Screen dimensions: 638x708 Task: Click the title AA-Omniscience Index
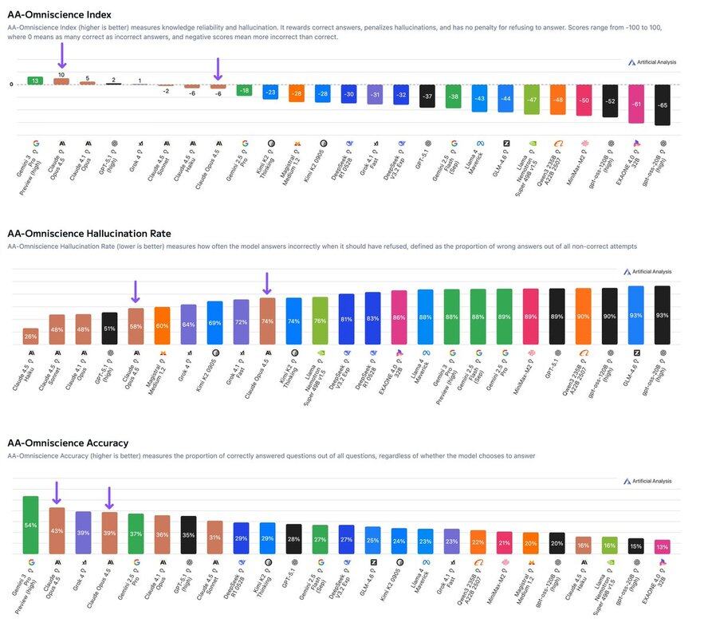pos(59,14)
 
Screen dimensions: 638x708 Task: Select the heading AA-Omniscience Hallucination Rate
pos(88,234)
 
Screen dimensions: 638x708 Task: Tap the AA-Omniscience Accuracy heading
pos(68,443)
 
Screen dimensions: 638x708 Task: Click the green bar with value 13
pos(35,81)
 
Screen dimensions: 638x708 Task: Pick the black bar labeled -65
pos(662,104)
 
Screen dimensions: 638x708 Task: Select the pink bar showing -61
pos(635,104)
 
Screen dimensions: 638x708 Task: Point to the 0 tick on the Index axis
pos(11,85)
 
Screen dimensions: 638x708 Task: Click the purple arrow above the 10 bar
pos(61,56)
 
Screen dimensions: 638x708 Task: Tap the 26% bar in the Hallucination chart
pos(30,336)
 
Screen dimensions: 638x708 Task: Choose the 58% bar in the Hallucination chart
pos(136,326)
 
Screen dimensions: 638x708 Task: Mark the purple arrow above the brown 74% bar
pos(267,283)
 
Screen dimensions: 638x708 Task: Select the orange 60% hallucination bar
pos(162,325)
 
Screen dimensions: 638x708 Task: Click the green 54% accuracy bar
pos(30,525)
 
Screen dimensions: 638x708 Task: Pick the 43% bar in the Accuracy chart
pos(57,530)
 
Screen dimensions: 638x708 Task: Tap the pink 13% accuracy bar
pos(662,546)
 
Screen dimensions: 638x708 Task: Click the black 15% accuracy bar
pos(635,545)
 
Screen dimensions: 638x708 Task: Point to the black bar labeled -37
pos(427,96)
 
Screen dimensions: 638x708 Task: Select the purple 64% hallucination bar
pos(188,325)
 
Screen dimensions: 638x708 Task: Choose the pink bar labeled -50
pos(583,100)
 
